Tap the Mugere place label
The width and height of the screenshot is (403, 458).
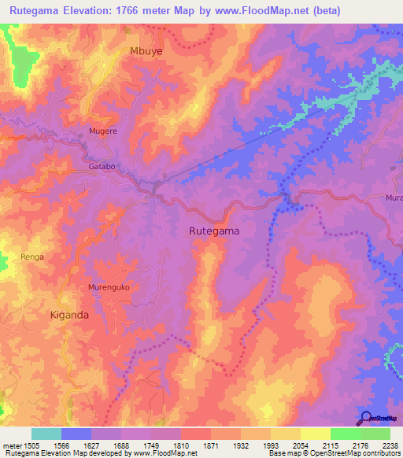click(103, 131)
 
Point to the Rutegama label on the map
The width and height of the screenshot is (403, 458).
click(214, 231)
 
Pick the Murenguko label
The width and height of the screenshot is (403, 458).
click(109, 287)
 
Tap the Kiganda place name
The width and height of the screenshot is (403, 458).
click(80, 314)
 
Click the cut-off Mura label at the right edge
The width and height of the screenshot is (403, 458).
click(394, 198)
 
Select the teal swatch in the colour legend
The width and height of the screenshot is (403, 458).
click(46, 434)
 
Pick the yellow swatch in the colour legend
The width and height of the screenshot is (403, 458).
click(316, 434)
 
